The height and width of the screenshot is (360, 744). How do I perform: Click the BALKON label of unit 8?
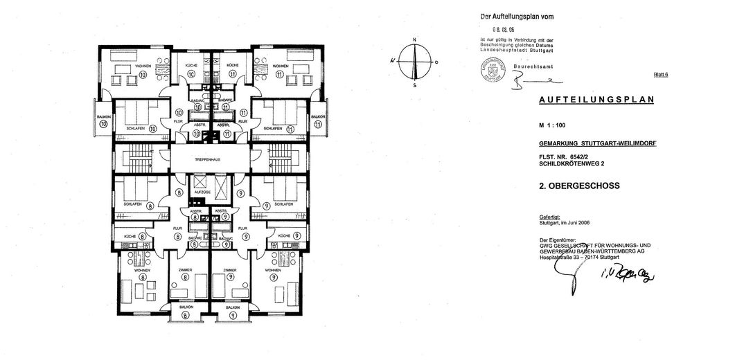tap(185, 307)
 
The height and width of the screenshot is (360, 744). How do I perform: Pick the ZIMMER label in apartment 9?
tap(230, 270)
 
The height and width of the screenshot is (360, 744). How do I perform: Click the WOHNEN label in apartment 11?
tap(280, 66)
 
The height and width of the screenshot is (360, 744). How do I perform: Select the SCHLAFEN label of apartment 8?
tap(134, 204)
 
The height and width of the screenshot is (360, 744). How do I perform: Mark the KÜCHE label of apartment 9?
tap(283, 236)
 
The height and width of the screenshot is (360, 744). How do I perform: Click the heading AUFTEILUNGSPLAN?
tap(596, 100)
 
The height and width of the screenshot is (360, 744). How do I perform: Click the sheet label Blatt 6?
tap(661, 74)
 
